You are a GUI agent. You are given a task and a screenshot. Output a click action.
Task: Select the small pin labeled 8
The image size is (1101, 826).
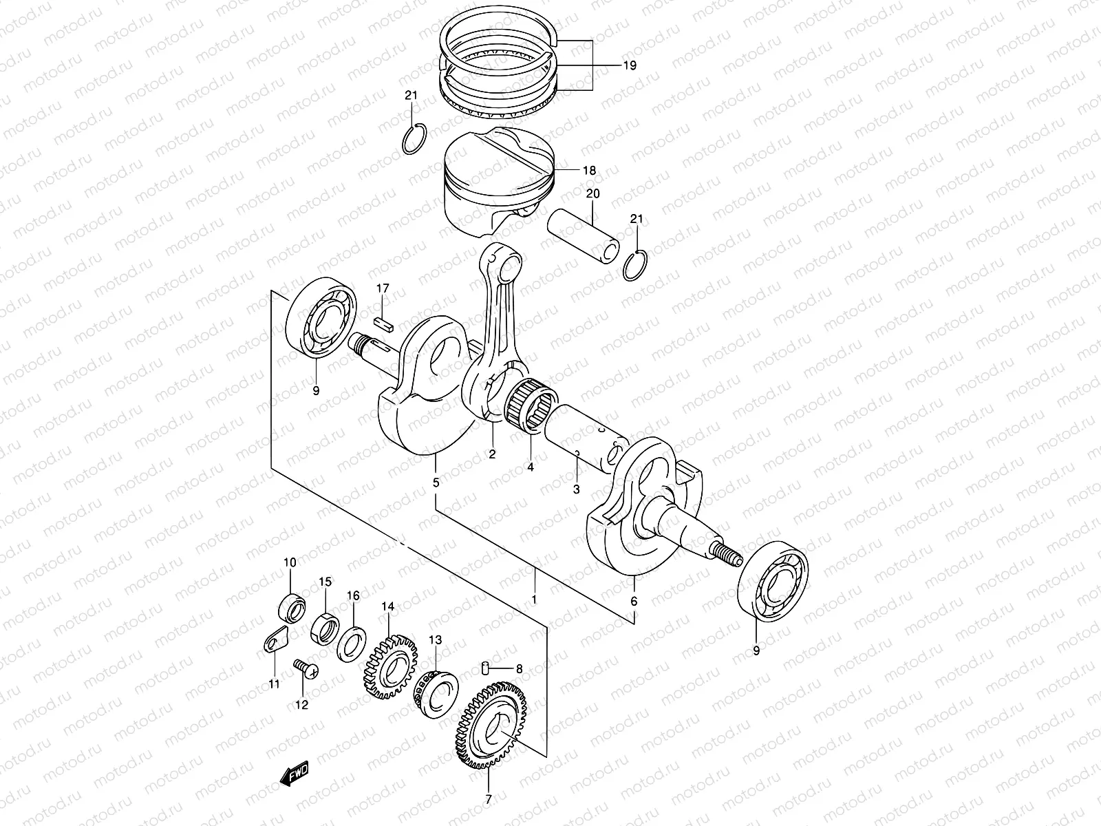485,667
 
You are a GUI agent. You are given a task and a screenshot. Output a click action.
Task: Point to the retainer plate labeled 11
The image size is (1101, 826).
276,642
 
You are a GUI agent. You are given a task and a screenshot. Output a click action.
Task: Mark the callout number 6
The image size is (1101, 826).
634,601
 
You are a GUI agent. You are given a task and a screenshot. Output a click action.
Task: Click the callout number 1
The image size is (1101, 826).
534,599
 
